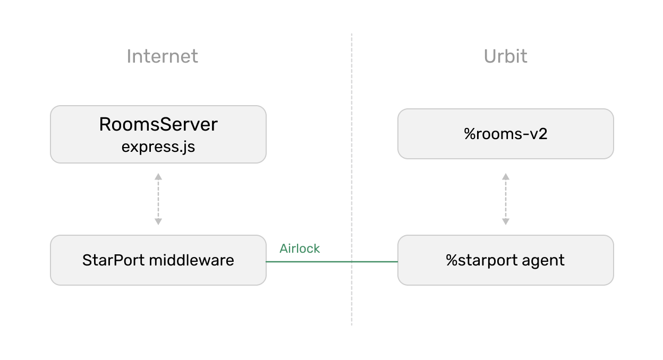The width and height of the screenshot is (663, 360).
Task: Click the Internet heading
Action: coord(162,56)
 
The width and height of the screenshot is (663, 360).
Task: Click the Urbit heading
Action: coord(506,56)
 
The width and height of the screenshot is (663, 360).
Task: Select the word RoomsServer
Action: coord(158,124)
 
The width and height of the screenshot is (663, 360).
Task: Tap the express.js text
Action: coord(158,147)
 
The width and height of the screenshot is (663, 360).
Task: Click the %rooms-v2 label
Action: coord(506,134)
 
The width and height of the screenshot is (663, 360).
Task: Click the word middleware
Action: coord(191,260)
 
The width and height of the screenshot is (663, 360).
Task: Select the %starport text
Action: coord(481,261)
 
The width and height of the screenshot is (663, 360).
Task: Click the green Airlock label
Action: coord(300,248)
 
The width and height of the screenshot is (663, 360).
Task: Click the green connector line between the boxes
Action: coord(332,262)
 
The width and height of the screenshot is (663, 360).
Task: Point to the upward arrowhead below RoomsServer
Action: coord(158,177)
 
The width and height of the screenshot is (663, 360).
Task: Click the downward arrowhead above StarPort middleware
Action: coord(158,221)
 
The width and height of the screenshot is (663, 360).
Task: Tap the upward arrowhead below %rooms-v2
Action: coord(506,177)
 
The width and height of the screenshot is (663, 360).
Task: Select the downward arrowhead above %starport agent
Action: coord(506,221)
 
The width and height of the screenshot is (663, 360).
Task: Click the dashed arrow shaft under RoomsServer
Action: coord(158,199)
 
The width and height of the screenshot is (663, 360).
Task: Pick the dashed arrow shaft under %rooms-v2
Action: coord(506,199)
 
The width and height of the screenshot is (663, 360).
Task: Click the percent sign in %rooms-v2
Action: coord(469,134)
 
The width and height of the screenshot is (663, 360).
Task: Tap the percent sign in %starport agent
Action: coord(451,261)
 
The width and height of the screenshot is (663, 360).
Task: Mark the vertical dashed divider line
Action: coord(352,179)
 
